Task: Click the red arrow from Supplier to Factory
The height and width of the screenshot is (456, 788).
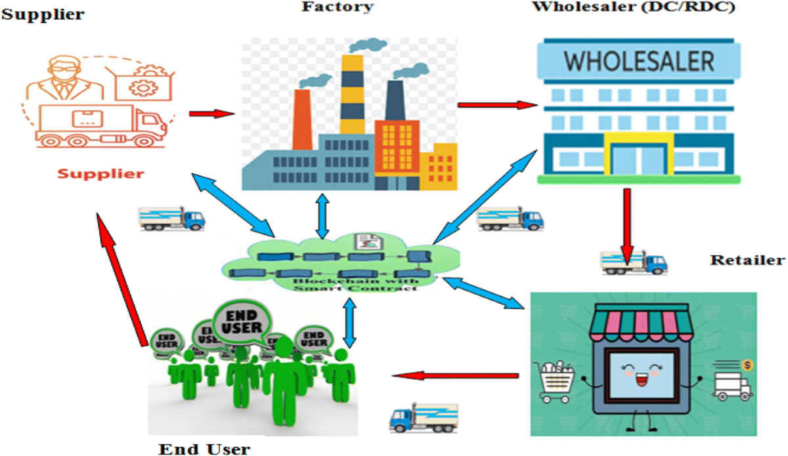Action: pyautogui.click(x=211, y=114)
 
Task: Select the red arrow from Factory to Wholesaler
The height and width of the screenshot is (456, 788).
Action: pyautogui.click(x=496, y=104)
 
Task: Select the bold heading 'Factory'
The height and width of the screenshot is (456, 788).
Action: pyautogui.click(x=337, y=7)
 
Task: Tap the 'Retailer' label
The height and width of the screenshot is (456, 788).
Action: pyautogui.click(x=747, y=260)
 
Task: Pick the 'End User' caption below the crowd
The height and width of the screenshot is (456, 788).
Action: pyautogui.click(x=204, y=449)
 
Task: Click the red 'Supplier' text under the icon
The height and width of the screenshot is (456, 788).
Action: pyautogui.click(x=99, y=174)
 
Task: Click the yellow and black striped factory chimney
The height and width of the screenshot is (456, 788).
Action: pyautogui.click(x=353, y=92)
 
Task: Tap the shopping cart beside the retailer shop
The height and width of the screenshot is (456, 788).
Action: pyautogui.click(x=556, y=381)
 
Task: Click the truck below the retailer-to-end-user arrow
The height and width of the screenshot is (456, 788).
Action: pyautogui.click(x=424, y=417)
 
